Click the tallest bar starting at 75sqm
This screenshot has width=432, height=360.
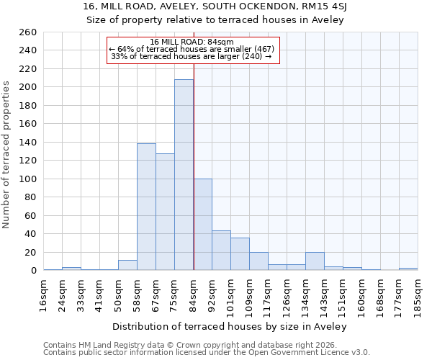point(184,175)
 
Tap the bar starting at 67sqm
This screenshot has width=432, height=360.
point(165,212)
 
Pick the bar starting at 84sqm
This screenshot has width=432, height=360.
point(202,225)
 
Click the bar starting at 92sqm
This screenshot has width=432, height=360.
point(221,251)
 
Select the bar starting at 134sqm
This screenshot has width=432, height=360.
point(315,261)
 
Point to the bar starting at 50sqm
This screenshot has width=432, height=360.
point(127,265)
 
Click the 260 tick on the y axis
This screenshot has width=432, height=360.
point(28,32)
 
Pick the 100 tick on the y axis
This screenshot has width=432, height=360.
point(28,179)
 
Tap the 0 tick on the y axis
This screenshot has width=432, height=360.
point(33,271)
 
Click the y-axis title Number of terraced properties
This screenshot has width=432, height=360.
point(7,155)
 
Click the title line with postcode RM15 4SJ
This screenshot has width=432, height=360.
point(216,6)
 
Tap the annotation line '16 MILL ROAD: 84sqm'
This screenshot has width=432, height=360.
point(192,42)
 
